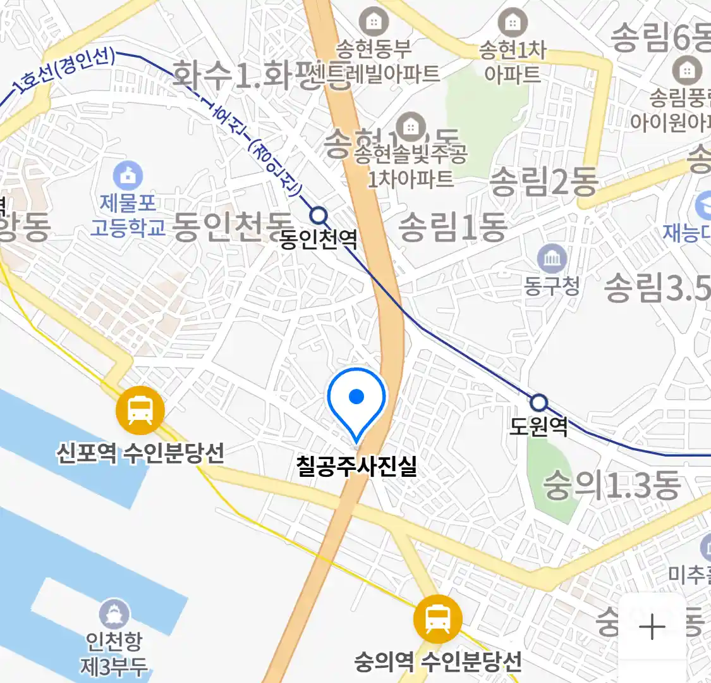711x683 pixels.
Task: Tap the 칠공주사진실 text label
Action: pyautogui.click(x=356, y=466)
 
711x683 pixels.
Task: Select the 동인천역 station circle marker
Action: pyautogui.click(x=320, y=216)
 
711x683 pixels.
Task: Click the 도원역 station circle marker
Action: pyautogui.click(x=538, y=402)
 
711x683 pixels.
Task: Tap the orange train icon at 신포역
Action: pyautogui.click(x=140, y=410)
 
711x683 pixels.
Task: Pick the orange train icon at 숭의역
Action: pyautogui.click(x=437, y=619)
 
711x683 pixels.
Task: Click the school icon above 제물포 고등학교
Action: pyautogui.click(x=128, y=175)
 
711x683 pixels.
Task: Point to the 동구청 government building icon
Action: pyautogui.click(x=552, y=259)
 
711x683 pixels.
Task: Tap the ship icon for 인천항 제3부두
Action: pyautogui.click(x=114, y=613)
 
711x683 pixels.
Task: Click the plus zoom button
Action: pyautogui.click(x=652, y=627)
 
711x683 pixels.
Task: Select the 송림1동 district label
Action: pyautogui.click(x=453, y=227)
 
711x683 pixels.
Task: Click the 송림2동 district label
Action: pyautogui.click(x=544, y=182)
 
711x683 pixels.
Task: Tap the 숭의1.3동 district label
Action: pyautogui.click(x=612, y=486)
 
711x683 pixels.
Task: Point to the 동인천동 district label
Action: pyautogui.click(x=233, y=226)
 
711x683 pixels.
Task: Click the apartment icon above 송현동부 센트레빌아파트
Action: pyautogui.click(x=374, y=22)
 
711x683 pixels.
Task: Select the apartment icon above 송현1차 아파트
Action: pyautogui.click(x=513, y=23)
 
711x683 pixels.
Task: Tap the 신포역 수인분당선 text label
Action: pyautogui.click(x=140, y=453)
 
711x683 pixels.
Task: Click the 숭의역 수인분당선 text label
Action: pyautogui.click(x=438, y=662)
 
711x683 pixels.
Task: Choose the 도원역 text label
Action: pyautogui.click(x=538, y=426)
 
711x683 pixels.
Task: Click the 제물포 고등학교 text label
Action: pyautogui.click(x=128, y=215)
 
